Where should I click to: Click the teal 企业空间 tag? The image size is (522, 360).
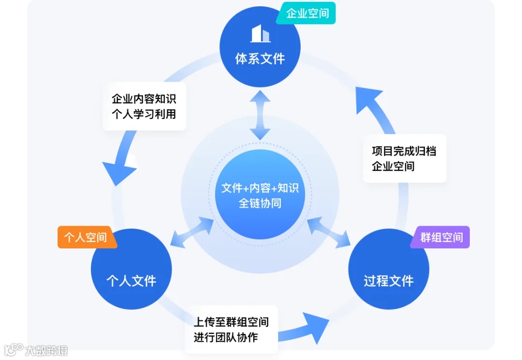(x=307, y=13)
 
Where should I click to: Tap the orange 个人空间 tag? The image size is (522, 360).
(x=86, y=237)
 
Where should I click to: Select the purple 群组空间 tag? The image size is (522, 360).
(x=441, y=237)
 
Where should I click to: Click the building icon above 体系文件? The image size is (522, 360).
(x=260, y=34)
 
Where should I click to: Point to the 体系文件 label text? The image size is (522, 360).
(x=260, y=59)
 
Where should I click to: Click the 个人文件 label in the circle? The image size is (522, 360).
(x=131, y=281)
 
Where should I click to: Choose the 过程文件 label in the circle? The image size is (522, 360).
(x=389, y=281)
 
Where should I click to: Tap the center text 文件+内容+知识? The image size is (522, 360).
(x=260, y=188)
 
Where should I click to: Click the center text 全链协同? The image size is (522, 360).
(x=260, y=203)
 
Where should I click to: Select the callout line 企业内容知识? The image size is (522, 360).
(x=144, y=99)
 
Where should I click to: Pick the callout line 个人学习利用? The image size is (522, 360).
(x=144, y=115)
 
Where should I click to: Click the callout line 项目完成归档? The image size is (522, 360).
(x=404, y=151)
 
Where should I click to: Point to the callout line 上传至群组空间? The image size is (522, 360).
(x=231, y=322)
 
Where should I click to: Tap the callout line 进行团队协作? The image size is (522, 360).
(x=226, y=337)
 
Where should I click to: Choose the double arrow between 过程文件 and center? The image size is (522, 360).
(x=329, y=232)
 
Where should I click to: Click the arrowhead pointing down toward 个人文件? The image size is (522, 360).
(x=118, y=172)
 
